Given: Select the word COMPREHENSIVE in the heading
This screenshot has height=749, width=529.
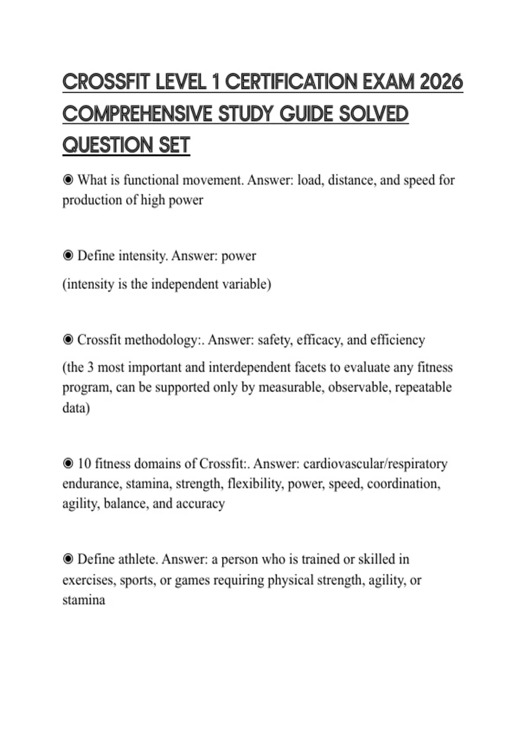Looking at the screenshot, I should pos(137,114).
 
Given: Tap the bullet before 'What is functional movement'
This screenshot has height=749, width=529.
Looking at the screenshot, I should pos(68,180).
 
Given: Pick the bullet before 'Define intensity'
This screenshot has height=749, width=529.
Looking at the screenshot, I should pos(68,256).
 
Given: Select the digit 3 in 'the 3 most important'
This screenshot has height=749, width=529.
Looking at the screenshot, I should pos(90,367).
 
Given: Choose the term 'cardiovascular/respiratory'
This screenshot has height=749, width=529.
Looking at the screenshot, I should pos(375,463).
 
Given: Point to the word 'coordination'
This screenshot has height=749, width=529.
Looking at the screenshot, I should pos(403,484).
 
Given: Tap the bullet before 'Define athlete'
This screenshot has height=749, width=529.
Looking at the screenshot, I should pos(68,559).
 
